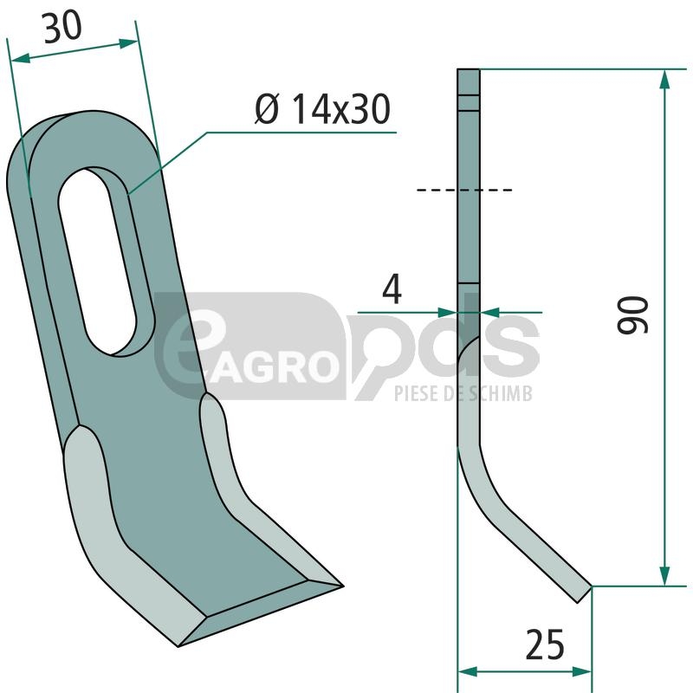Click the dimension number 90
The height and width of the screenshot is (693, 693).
click(632, 314)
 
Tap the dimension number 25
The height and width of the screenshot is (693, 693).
click(545, 644)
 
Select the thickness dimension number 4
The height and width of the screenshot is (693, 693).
click(392, 288)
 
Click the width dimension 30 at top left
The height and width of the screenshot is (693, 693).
click(62, 28)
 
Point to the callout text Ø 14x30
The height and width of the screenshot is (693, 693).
click(322, 109)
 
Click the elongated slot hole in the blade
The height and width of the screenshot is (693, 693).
click(98, 262)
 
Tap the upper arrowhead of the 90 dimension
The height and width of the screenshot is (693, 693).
click(664, 81)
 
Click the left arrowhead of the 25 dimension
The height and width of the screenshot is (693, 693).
click(468, 672)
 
